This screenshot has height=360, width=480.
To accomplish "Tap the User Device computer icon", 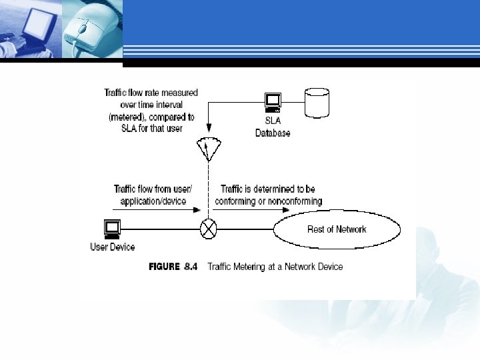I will point(112,229).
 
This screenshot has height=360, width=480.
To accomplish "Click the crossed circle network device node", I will point(209,231).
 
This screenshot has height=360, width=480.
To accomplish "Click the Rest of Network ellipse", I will point(337,230).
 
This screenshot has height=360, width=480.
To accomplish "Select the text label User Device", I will point(113,247).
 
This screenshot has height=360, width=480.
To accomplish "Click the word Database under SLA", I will point(273,133).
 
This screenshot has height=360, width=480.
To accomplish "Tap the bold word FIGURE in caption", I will point(164,267).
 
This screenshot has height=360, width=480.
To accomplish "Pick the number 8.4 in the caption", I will point(191,267).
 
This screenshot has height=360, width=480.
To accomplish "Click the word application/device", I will point(156,201).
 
